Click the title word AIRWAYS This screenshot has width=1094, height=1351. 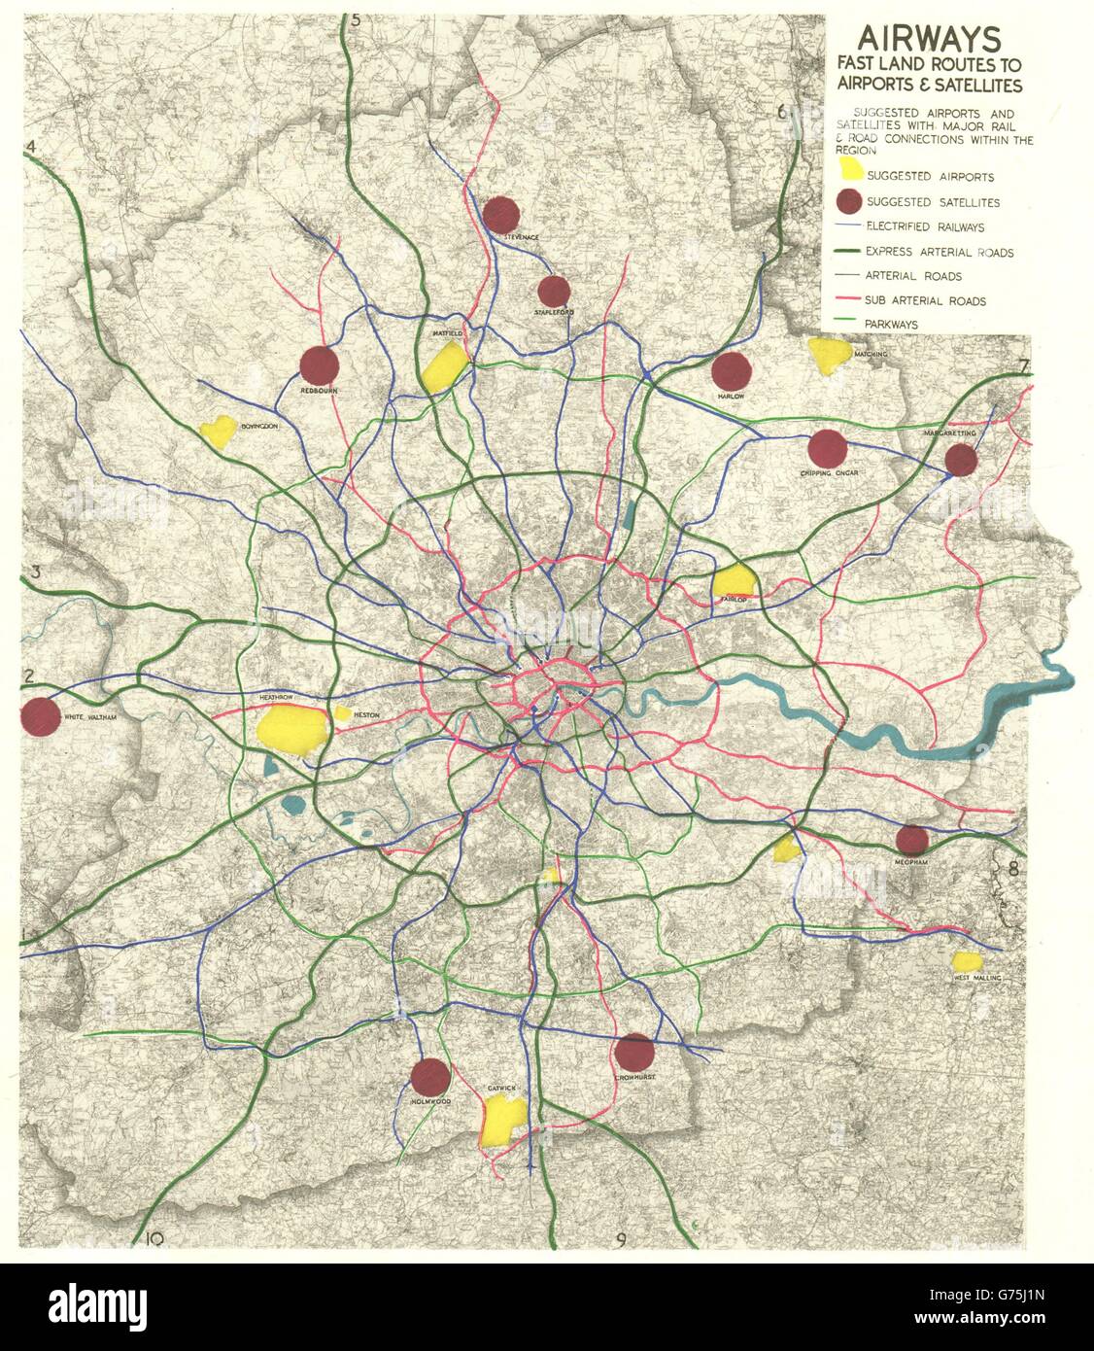[927, 39]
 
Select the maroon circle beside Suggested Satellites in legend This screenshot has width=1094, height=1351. [849, 202]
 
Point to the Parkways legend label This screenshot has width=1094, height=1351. [895, 325]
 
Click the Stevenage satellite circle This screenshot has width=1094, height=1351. [500, 215]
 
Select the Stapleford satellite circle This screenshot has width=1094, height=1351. [554, 291]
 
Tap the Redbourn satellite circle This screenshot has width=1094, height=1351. [319, 365]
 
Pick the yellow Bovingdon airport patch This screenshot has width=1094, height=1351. [218, 431]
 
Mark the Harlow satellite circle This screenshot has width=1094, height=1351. [732, 371]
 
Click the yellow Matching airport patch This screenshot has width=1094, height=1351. [829, 356]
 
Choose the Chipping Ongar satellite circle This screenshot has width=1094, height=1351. [827, 448]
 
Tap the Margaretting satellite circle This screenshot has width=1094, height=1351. [961, 460]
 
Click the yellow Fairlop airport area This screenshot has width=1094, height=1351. [734, 580]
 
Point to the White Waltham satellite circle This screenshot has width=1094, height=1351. [39, 717]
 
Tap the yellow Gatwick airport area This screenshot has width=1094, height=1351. [503, 1122]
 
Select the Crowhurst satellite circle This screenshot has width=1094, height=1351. [633, 1052]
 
